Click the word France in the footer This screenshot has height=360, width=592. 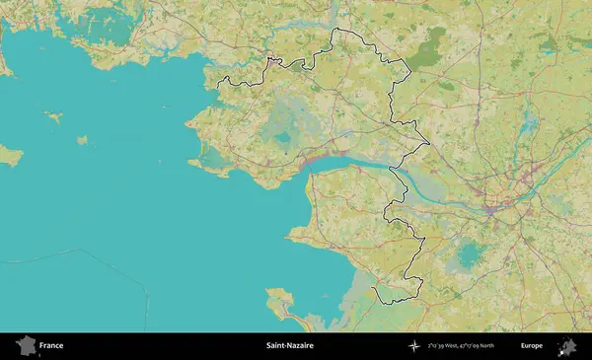point(51,346)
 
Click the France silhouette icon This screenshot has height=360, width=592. point(25,345)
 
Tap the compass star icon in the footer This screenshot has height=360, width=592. point(413,346)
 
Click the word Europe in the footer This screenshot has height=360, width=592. point(531,346)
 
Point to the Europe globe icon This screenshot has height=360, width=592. point(567,346)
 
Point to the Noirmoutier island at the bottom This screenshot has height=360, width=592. point(283,304)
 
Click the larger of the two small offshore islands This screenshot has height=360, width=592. point(53,117)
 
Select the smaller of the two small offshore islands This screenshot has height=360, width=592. point(83,140)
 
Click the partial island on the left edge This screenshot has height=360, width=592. point(9,156)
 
